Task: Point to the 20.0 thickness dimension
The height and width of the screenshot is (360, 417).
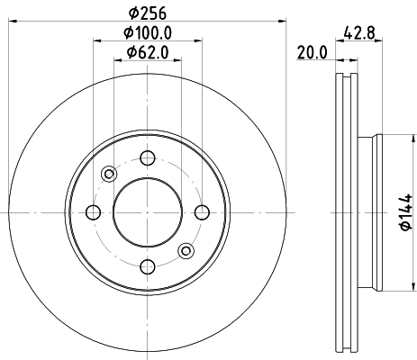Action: pos(311,53)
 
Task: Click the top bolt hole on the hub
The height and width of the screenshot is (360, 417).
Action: pos(146,158)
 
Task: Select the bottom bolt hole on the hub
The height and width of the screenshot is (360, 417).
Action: pos(146,265)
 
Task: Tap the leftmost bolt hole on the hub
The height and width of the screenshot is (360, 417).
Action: pos(93,211)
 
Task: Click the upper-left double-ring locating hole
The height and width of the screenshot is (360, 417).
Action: pos(108,174)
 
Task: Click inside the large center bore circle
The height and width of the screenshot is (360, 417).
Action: pos(146,211)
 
